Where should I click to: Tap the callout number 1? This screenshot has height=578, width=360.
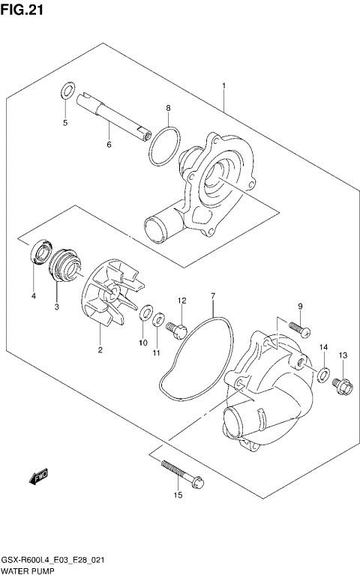(x=223, y=87)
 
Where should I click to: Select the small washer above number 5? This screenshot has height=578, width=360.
(x=67, y=92)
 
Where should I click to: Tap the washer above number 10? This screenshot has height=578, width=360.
(x=146, y=311)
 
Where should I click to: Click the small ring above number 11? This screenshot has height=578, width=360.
(x=159, y=320)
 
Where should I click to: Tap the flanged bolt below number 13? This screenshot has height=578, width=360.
(x=342, y=385)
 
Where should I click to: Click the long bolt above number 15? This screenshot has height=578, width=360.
(x=180, y=473)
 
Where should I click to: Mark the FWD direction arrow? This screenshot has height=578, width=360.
(x=39, y=475)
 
